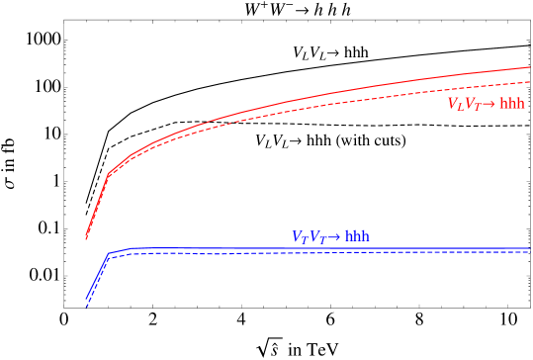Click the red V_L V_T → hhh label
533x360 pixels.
[486, 103]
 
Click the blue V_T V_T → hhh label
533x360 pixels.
[330, 237]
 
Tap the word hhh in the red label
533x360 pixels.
[512, 103]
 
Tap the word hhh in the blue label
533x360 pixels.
[357, 237]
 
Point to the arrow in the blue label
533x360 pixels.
[333, 237]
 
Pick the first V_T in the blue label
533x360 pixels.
[299, 237]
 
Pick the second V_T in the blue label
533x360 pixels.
[315, 237]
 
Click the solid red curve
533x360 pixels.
[297, 100]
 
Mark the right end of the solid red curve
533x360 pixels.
[530, 67]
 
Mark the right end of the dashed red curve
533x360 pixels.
[530, 81]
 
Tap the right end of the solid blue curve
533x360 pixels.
[530, 248]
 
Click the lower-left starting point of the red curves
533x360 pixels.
[86, 238]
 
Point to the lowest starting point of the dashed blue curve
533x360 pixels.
[86, 308]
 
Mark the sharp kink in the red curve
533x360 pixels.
[108, 175]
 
